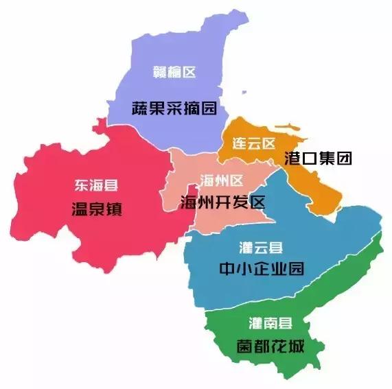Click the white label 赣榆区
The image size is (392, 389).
(x=174, y=72)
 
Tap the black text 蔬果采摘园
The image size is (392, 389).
(x=174, y=108)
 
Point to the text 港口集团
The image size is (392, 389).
(x=319, y=158)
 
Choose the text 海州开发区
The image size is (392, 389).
(x=222, y=203)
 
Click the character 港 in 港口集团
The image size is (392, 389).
(x=293, y=158)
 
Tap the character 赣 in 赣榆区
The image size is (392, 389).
(x=159, y=72)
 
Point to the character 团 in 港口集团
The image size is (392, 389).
(x=344, y=158)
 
